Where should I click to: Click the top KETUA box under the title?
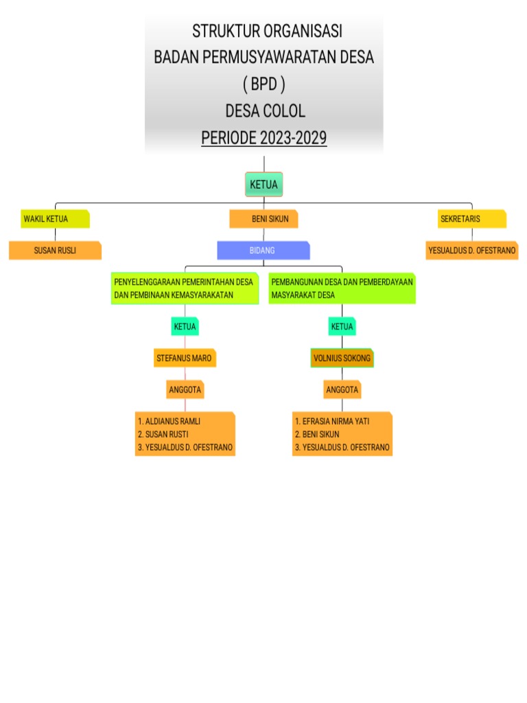pos(263,185)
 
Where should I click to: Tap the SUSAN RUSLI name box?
pos(55,251)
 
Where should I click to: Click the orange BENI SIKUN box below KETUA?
pos(264,219)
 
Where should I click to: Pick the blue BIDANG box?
pos(263,251)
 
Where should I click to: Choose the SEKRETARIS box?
pos(472,219)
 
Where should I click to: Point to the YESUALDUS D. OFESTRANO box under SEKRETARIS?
pos(472,251)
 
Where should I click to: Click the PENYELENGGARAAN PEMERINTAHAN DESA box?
pos(185,288)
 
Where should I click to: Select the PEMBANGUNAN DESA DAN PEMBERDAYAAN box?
pos(342,288)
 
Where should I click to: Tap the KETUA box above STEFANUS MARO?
pos(185,327)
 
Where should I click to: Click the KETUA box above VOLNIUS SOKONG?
pos(342,327)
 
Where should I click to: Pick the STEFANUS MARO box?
pos(185,358)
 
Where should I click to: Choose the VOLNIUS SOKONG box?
pos(342,358)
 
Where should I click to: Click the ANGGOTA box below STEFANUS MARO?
pos(185,390)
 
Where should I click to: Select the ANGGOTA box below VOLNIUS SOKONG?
pos(342,390)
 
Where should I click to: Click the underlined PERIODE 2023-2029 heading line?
pos(263,138)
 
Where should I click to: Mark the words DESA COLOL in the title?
pos(263,111)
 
